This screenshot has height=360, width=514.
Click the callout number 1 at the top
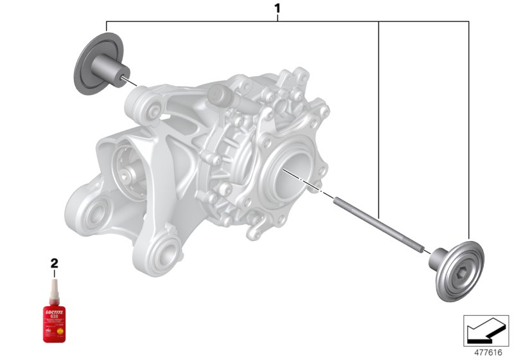click(278, 9)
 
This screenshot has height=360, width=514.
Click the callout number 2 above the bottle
click(54, 262)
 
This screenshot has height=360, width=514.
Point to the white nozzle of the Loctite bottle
click(54, 282)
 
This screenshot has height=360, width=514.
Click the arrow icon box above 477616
click(486, 330)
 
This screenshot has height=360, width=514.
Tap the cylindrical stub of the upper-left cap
click(110, 67)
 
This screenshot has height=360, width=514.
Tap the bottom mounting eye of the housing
click(166, 250)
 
